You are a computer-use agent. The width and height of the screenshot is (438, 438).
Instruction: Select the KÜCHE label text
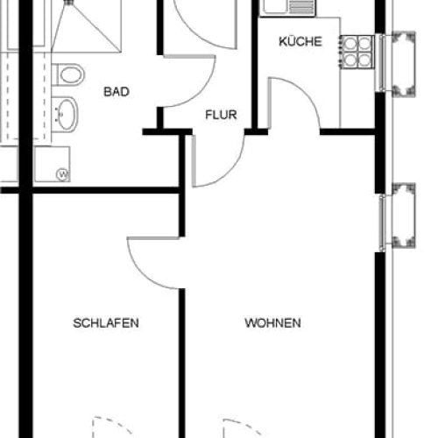click(x=300, y=41)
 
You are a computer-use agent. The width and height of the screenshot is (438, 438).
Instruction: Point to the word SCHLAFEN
click(x=106, y=322)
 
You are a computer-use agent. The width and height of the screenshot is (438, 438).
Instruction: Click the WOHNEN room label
click(x=273, y=322)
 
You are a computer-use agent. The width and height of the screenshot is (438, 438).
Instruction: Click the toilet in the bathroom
click(x=68, y=75)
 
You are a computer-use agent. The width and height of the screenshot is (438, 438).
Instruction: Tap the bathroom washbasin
click(x=67, y=112)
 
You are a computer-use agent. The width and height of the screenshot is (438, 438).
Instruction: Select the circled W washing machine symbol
click(x=61, y=173)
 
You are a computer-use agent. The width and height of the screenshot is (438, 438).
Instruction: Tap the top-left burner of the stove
click(x=350, y=43)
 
